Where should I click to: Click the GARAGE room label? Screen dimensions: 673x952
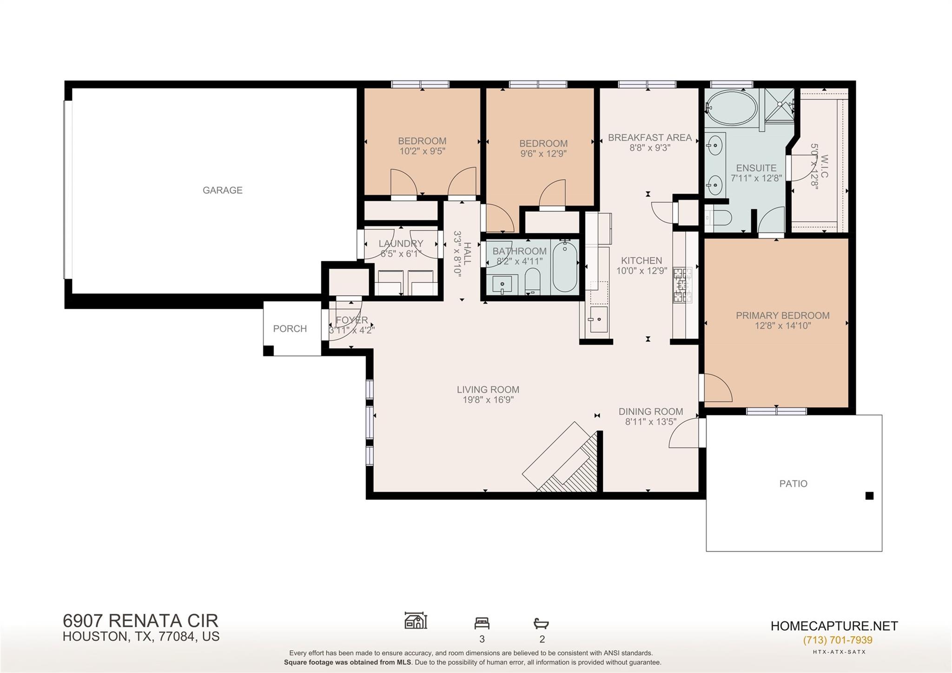(x=222, y=190)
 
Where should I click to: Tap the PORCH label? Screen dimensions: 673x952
(x=290, y=328)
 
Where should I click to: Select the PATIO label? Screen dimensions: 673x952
(x=793, y=483)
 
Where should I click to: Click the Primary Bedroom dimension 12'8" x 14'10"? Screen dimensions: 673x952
(x=783, y=326)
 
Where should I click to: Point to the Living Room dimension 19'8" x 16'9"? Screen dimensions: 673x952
(x=488, y=400)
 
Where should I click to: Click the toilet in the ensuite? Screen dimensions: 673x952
(x=720, y=217)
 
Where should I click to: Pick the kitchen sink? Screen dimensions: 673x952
(x=598, y=319)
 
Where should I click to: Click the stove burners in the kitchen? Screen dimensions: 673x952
(x=682, y=285)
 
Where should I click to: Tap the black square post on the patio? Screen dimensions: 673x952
(x=869, y=496)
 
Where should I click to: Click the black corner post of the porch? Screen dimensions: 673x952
(x=268, y=351)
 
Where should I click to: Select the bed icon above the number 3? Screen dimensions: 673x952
(x=482, y=623)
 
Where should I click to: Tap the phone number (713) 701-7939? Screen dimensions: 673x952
(x=838, y=640)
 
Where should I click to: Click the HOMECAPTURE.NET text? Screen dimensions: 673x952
(x=834, y=626)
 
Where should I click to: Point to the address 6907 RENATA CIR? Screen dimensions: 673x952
(x=140, y=620)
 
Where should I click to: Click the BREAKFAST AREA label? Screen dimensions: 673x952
(x=649, y=137)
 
